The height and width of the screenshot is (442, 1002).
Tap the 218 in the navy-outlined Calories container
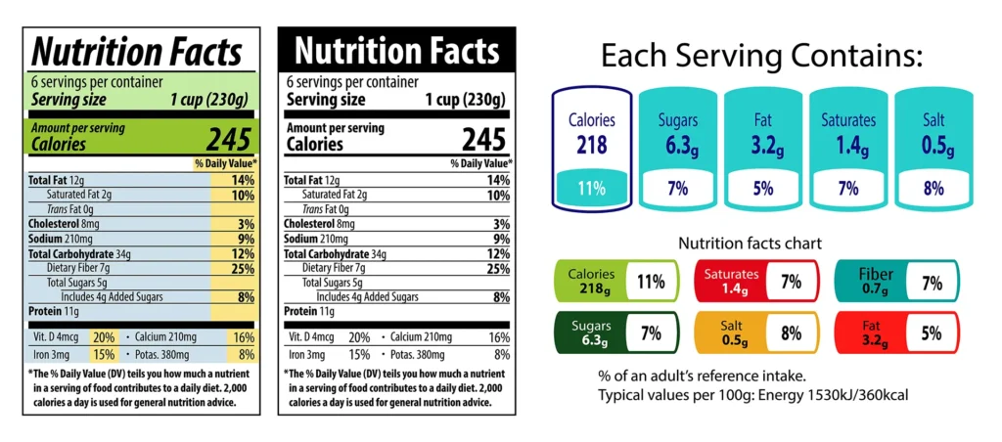[x=591, y=146]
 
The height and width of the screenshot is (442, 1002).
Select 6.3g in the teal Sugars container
[x=678, y=146]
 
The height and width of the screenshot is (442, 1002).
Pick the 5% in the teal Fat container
[x=763, y=188]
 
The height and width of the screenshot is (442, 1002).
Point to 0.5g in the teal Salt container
[x=936, y=146]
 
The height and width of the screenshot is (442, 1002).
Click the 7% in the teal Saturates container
[x=849, y=188]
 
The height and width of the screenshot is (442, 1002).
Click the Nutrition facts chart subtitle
[x=750, y=243]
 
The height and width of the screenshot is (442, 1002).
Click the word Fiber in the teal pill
[x=876, y=275]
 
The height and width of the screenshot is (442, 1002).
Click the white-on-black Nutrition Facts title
[x=397, y=50]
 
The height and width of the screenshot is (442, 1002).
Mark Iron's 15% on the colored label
[x=104, y=354]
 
